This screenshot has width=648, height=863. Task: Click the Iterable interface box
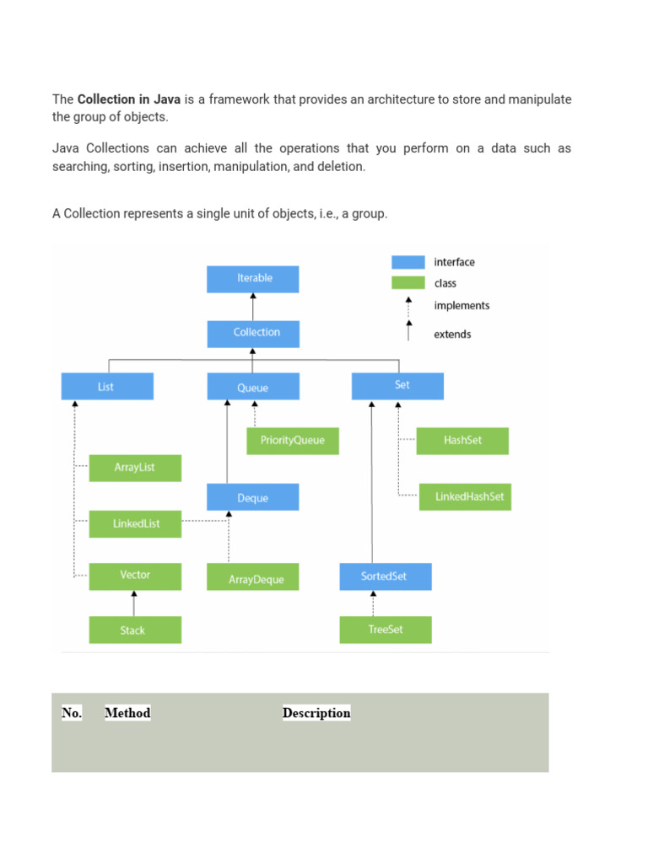(253, 279)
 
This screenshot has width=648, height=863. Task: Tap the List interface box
(107, 387)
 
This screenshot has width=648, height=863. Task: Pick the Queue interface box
(252, 387)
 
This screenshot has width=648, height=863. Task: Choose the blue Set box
(397, 386)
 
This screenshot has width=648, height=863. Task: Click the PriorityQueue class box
(293, 441)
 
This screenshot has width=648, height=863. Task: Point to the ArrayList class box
(135, 468)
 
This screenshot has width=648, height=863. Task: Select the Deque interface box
(252, 497)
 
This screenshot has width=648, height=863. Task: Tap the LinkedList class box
(135, 523)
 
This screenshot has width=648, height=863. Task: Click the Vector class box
(135, 576)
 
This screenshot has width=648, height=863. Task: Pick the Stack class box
(135, 630)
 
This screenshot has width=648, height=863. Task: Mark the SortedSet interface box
(385, 576)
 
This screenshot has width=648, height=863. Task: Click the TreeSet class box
(386, 630)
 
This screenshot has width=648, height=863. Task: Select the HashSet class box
(462, 441)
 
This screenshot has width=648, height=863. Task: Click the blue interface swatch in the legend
(408, 262)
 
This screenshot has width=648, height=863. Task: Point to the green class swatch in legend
(408, 283)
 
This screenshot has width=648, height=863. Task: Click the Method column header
(127, 713)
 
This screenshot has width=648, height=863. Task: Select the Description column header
(316, 713)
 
